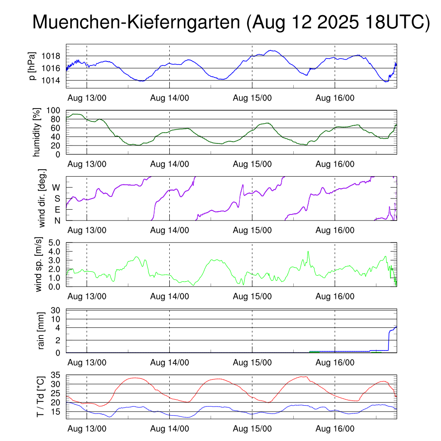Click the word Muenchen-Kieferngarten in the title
[136, 23]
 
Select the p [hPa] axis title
[33, 66]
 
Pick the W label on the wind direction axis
[56, 187]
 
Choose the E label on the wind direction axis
[57, 210]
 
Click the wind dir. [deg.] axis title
[42, 199]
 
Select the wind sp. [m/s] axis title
[39, 264]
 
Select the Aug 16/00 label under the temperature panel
[335, 429]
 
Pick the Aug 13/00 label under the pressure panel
[87, 98]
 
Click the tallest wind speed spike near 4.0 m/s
[308, 252]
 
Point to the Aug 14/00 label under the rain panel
[170, 363]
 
